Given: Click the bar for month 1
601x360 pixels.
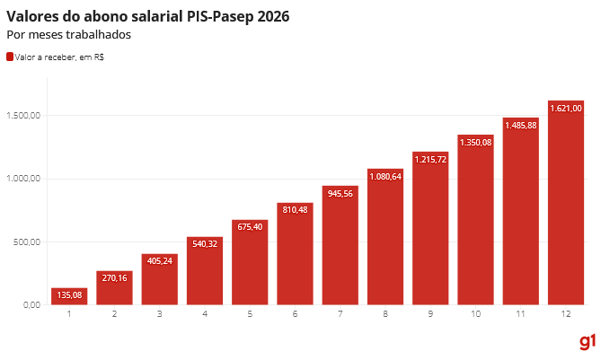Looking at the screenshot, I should (x=69, y=296).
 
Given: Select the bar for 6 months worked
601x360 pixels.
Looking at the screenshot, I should (x=295, y=254).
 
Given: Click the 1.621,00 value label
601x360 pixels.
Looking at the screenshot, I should (x=566, y=108).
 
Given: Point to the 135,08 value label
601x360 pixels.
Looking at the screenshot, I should (x=69, y=294).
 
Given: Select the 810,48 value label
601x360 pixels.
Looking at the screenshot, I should (x=295, y=210).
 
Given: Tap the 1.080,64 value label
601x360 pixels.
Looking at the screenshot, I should (x=385, y=176).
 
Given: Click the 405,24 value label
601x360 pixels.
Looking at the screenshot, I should (x=159, y=261).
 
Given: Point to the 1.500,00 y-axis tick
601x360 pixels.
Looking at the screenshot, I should (x=24, y=116).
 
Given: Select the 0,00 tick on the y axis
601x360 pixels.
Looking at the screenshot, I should (x=31, y=305).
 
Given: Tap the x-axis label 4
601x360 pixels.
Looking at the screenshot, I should (x=205, y=313).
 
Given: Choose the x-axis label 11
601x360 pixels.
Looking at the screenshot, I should (x=520, y=313).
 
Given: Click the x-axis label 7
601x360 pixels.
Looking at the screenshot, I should (x=340, y=313).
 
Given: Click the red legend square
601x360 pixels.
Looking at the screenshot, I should (x=10, y=57).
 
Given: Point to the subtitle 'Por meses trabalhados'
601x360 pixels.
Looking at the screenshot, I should (x=68, y=35).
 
